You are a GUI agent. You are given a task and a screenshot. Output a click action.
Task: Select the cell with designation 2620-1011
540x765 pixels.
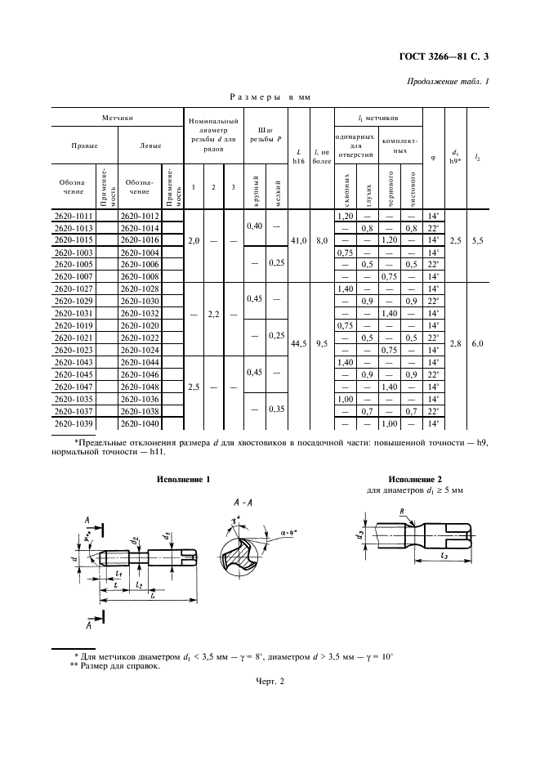72,216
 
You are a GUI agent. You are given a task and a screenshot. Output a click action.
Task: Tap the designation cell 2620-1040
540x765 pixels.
140,424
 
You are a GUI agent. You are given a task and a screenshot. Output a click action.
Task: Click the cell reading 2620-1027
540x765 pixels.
72,289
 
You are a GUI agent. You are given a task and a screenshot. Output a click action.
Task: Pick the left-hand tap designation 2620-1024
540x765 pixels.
140,348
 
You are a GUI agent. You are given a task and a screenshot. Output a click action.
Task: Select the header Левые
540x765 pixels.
150,145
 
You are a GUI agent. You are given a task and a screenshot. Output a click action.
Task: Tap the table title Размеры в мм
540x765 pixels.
270,96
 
